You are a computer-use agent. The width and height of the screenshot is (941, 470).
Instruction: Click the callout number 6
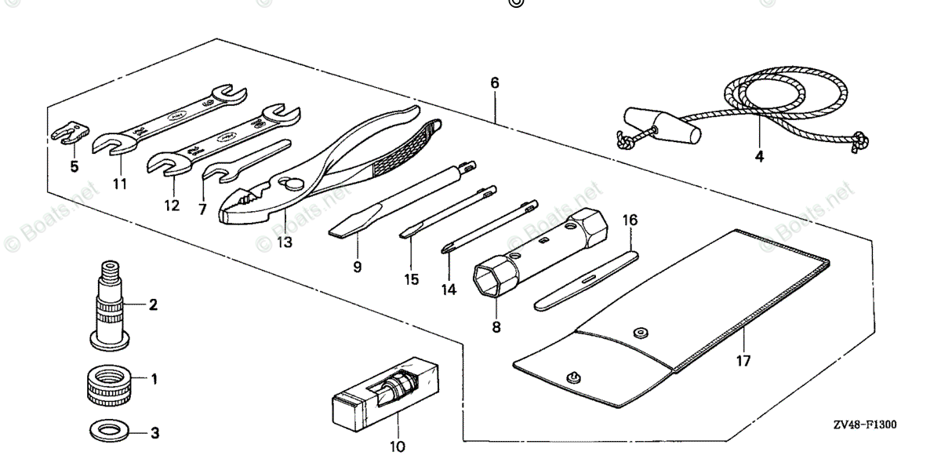[494, 82]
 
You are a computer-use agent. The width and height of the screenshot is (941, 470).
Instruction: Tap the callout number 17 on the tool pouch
[743, 361]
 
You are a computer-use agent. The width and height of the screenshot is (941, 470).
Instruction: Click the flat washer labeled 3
[100, 430]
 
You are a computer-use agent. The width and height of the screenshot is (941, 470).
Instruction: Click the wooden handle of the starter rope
[659, 126]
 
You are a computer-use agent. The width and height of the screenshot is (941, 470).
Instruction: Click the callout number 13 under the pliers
[284, 242]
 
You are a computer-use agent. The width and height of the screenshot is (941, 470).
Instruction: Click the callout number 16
[630, 220]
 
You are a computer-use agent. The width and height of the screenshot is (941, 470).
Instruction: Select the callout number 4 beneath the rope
[758, 156]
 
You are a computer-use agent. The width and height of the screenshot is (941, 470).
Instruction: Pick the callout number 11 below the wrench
[119, 184]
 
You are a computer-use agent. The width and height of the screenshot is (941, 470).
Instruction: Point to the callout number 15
[411, 279]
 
